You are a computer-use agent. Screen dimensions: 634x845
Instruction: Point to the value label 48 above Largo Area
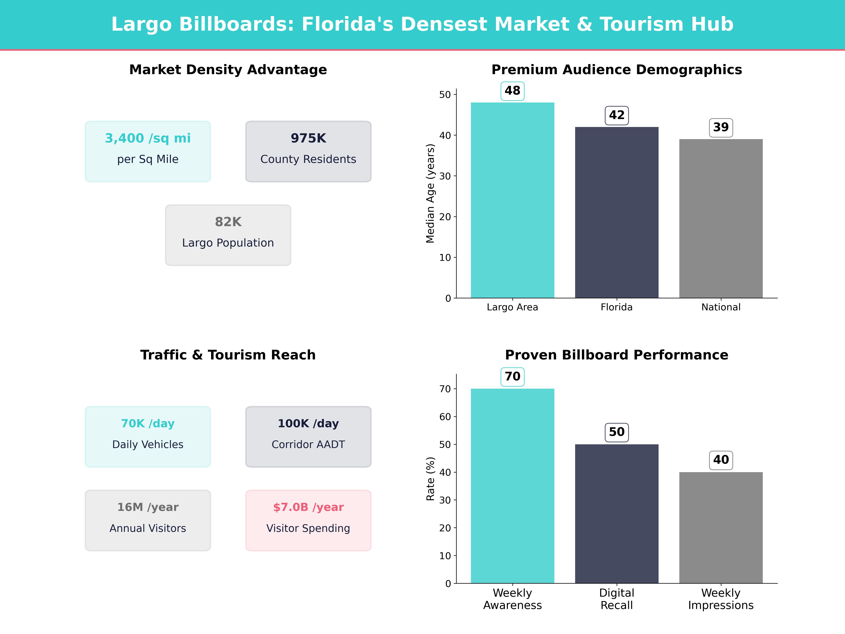pyautogui.click(x=512, y=91)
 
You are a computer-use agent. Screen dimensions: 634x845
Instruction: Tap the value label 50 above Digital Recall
pyautogui.click(x=616, y=432)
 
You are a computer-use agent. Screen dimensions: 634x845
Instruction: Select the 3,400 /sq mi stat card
pyautogui.click(x=148, y=151)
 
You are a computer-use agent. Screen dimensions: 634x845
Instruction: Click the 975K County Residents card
pyautogui.click(x=308, y=151)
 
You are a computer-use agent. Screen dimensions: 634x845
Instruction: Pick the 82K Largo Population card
pyautogui.click(x=228, y=235)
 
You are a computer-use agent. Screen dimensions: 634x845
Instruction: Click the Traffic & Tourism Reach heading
pyautogui.click(x=228, y=355)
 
